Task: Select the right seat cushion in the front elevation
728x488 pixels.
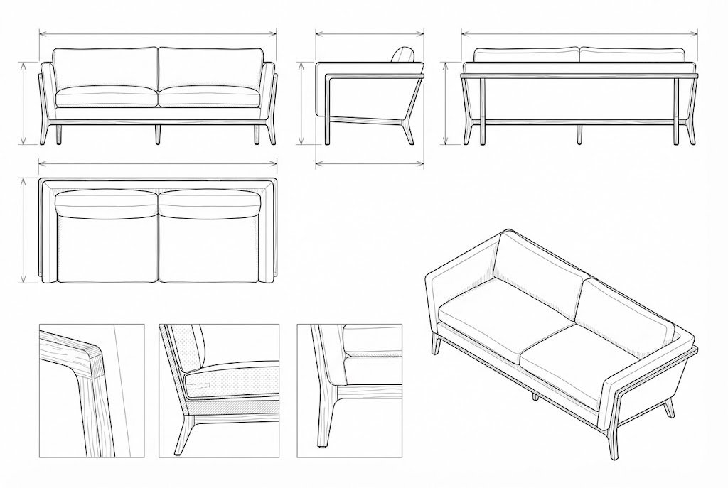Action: (x=208, y=97)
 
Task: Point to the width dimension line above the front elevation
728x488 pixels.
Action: (x=157, y=33)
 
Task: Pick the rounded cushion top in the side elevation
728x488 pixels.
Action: (x=404, y=55)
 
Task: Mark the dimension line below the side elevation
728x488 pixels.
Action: (x=369, y=163)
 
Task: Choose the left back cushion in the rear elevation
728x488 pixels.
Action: (x=526, y=55)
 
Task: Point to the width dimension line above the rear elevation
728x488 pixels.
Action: (x=579, y=33)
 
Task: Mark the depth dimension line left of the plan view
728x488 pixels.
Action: (x=25, y=229)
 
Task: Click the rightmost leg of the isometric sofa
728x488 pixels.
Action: (x=668, y=408)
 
